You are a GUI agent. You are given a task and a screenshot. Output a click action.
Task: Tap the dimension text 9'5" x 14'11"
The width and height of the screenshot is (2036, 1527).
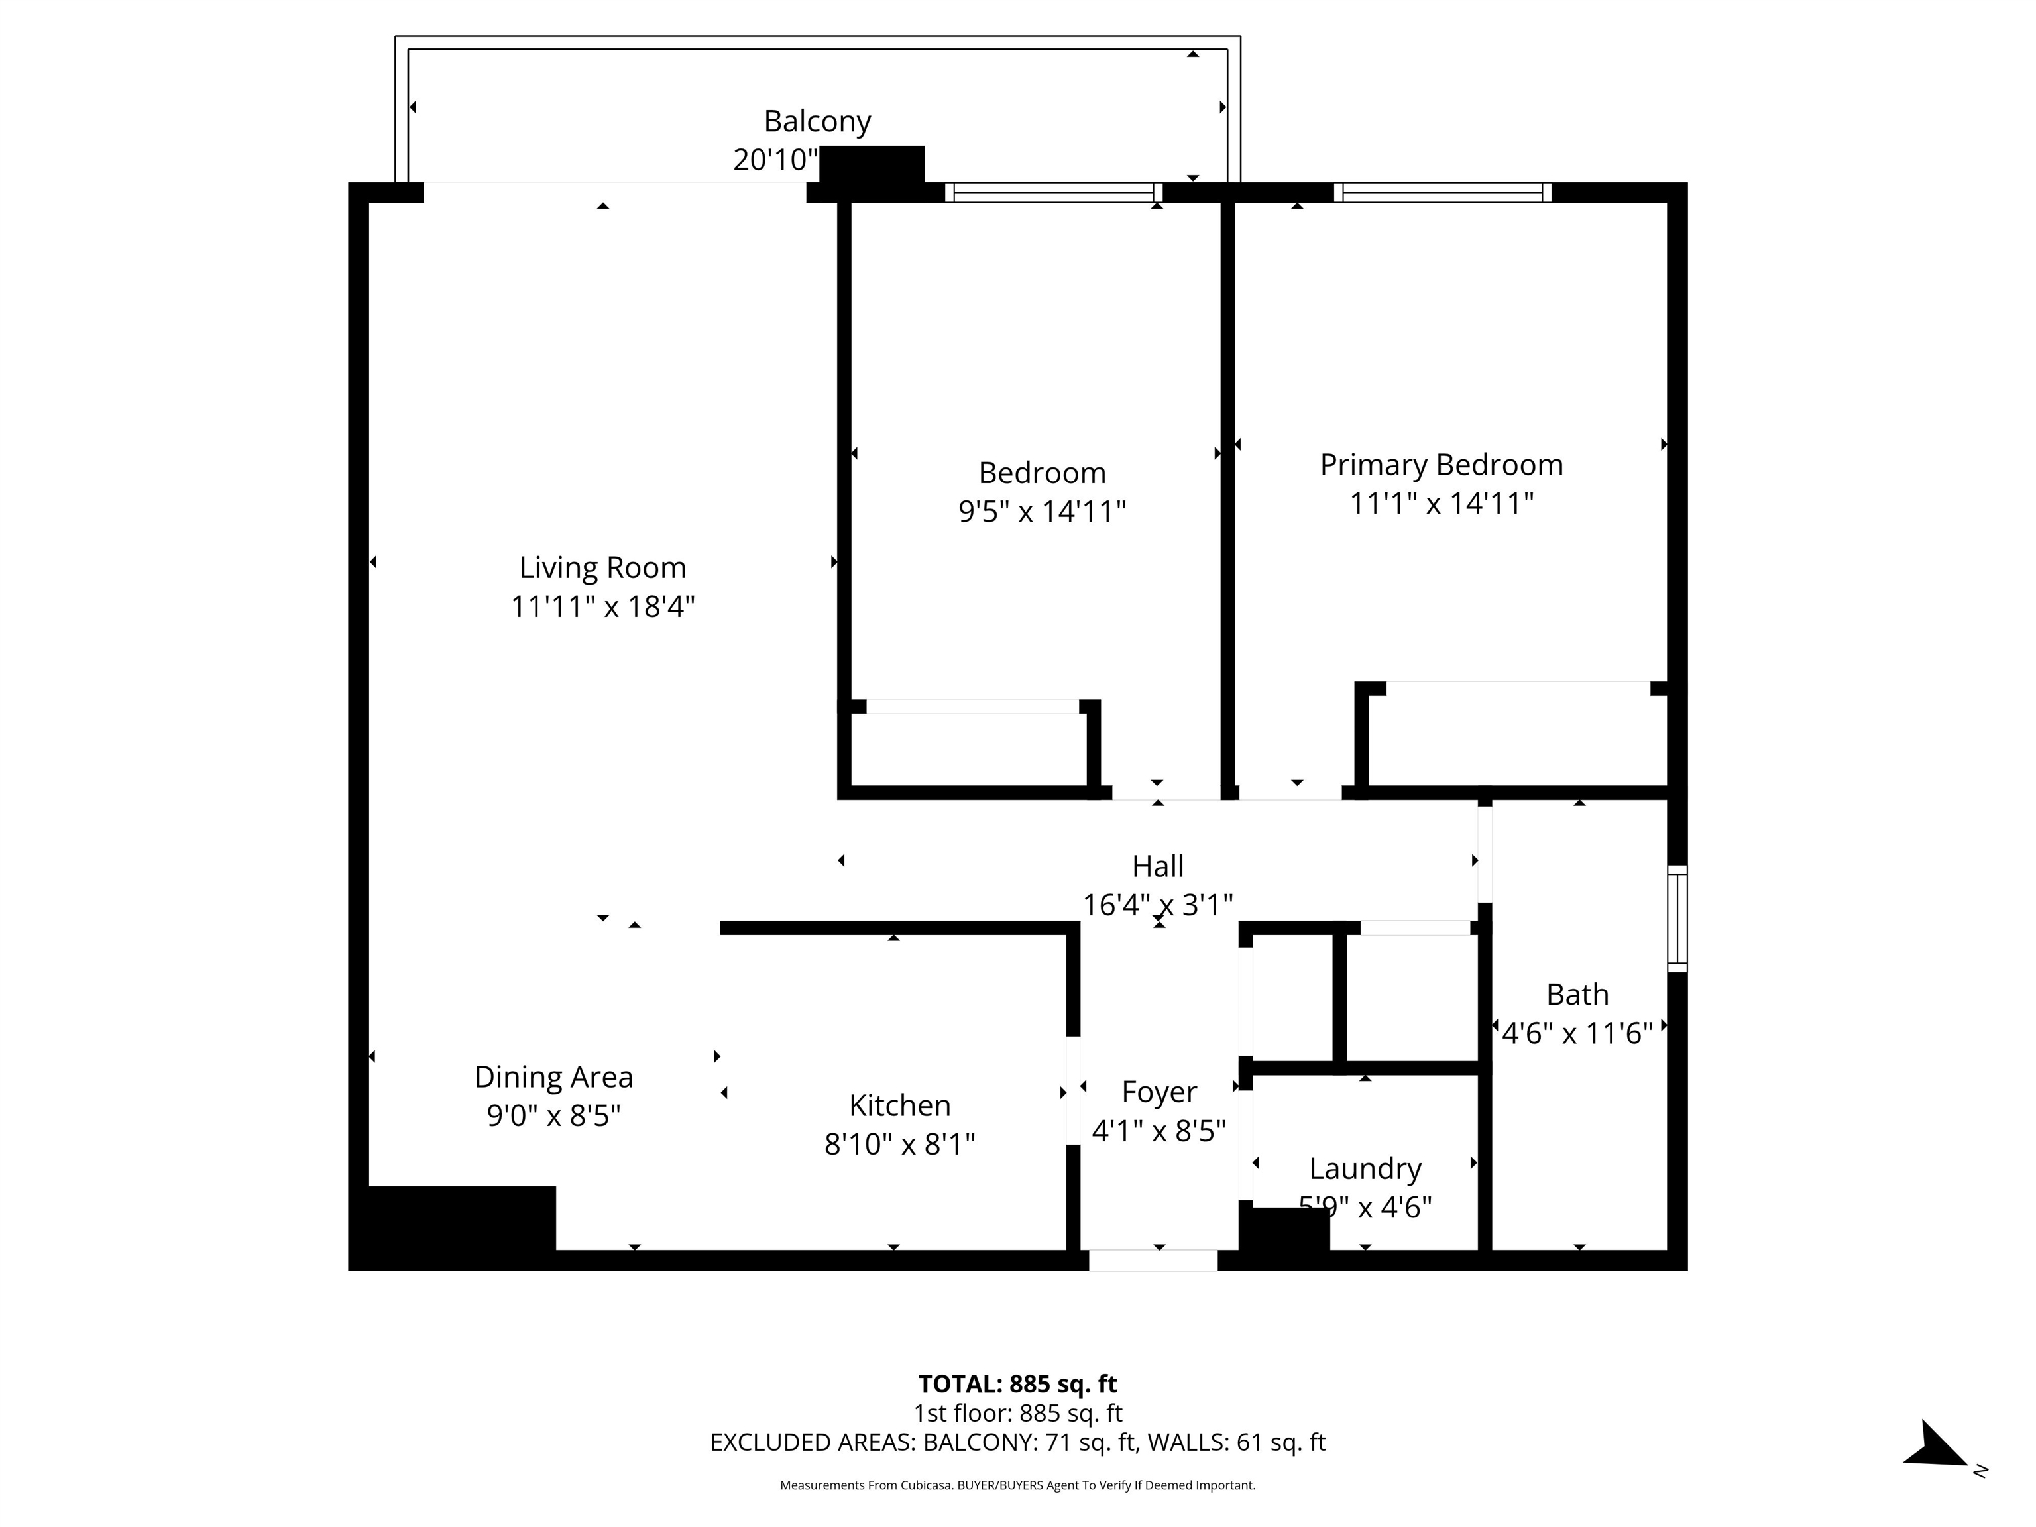point(1042,511)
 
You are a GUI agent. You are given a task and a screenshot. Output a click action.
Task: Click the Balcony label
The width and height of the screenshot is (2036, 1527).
point(817,121)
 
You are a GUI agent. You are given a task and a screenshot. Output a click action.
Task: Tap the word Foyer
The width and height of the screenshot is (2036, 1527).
point(1158,1092)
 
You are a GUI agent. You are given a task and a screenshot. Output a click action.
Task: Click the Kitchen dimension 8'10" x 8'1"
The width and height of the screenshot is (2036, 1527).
point(899,1144)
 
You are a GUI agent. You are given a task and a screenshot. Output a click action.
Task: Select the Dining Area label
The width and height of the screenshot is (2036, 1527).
point(553,1077)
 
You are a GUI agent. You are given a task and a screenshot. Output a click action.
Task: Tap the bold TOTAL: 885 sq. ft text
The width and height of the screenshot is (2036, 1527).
point(1017,1383)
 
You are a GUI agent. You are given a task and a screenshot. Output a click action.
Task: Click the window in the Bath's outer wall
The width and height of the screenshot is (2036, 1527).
point(1677,918)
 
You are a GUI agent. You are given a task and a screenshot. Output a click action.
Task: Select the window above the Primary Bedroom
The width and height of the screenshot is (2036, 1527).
point(1442,192)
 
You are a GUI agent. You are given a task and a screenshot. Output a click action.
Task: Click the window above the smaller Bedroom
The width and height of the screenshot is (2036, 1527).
point(1053,192)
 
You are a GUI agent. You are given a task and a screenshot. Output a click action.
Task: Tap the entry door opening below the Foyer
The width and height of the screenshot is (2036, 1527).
point(1153,1260)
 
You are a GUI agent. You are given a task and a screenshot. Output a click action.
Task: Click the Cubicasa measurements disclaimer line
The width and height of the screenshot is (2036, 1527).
point(1017,1485)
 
